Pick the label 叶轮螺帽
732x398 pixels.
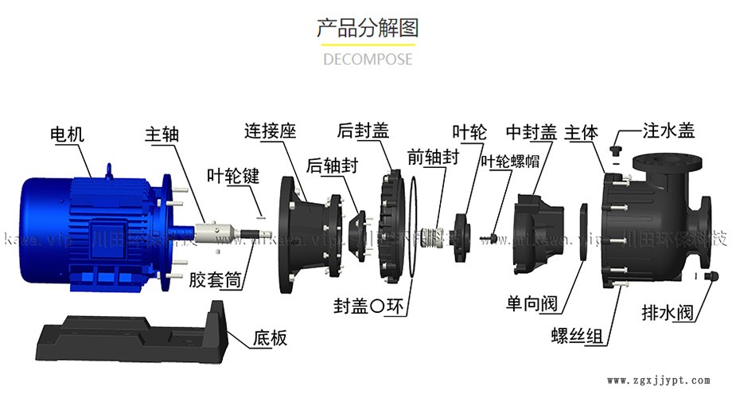(x=509, y=160)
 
